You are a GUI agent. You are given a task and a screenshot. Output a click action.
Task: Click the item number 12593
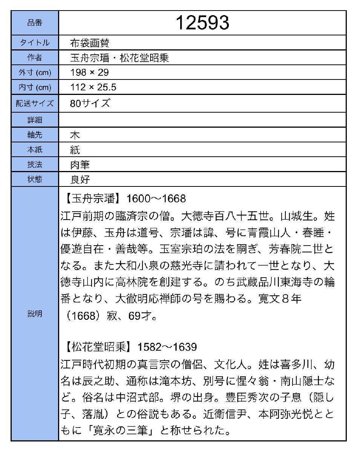tap(202, 23)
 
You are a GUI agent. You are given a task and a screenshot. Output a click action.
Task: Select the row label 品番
tap(35, 23)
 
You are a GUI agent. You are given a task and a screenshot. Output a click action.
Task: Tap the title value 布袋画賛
tap(90, 43)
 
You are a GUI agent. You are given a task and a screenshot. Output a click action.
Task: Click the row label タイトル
tap(35, 43)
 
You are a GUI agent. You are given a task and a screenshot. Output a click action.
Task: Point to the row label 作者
tap(35, 58)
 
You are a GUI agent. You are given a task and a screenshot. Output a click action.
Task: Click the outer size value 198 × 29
tap(89, 72)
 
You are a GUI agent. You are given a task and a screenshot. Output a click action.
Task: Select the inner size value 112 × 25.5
tap(93, 87)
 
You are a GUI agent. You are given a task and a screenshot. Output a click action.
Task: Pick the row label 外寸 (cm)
tap(35, 72)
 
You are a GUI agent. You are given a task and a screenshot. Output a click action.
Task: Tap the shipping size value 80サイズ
tap(90, 103)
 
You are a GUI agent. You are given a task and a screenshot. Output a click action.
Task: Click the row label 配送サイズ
tap(35, 103)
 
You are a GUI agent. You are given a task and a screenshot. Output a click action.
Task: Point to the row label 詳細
tap(35, 120)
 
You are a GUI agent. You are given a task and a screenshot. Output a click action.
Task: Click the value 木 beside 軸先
tap(75, 135)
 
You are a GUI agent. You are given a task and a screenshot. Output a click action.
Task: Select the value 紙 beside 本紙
tap(75, 150)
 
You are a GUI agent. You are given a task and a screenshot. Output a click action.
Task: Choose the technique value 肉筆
tap(80, 164)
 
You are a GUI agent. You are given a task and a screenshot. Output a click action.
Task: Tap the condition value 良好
tap(80, 179)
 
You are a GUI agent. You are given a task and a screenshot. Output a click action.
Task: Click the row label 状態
tap(35, 179)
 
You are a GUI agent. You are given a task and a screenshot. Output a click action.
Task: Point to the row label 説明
tap(35, 313)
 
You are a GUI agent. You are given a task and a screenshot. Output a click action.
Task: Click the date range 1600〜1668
tap(156, 199)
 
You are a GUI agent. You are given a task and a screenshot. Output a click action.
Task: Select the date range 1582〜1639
tap(167, 346)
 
